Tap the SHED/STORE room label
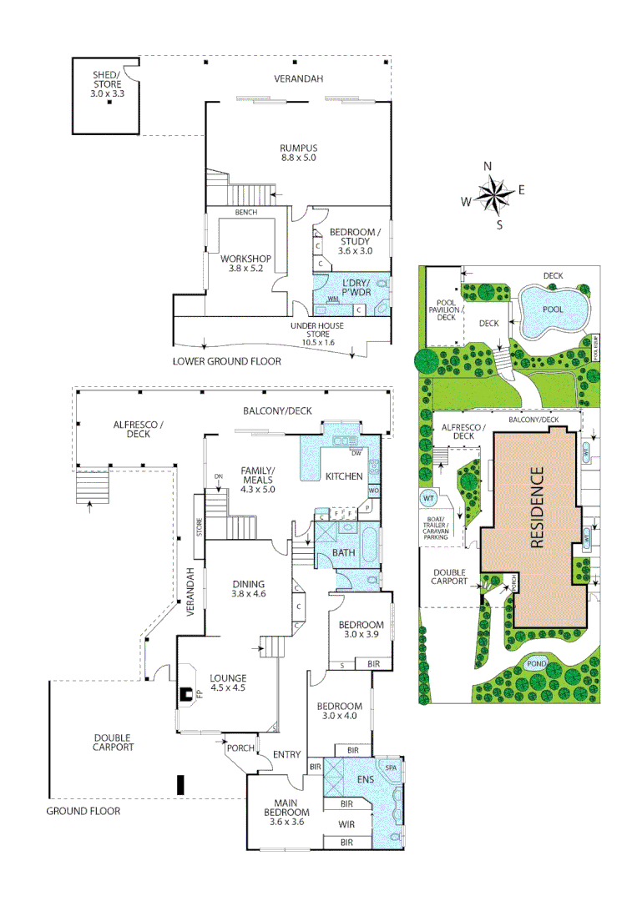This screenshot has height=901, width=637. click(x=106, y=85)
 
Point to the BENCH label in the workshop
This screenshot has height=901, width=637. click(x=245, y=213)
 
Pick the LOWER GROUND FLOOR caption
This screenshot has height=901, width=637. click(x=226, y=361)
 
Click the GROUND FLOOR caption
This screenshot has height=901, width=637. click(x=83, y=811)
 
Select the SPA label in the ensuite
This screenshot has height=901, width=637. click(x=390, y=766)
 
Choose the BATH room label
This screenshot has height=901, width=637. click(x=344, y=552)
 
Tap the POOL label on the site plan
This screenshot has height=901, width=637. click(x=553, y=310)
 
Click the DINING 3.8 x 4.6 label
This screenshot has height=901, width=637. click(x=248, y=589)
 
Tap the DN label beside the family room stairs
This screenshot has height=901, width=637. click(x=219, y=476)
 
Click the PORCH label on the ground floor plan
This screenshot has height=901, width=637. click(x=241, y=748)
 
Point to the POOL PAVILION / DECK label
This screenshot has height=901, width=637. click(x=442, y=310)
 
